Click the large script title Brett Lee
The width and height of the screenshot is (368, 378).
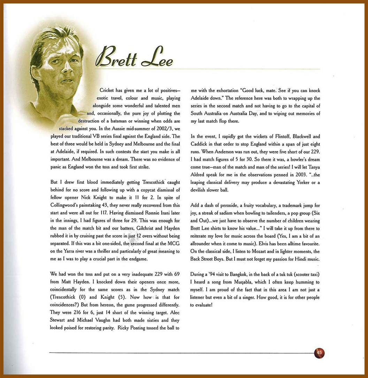134,58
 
